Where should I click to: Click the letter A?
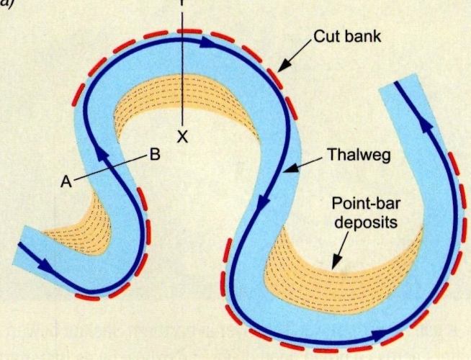(x=66, y=182)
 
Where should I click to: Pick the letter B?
(x=154, y=153)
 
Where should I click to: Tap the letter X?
(x=183, y=135)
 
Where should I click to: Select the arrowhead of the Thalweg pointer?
(x=287, y=171)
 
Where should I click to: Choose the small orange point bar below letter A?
(x=79, y=227)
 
